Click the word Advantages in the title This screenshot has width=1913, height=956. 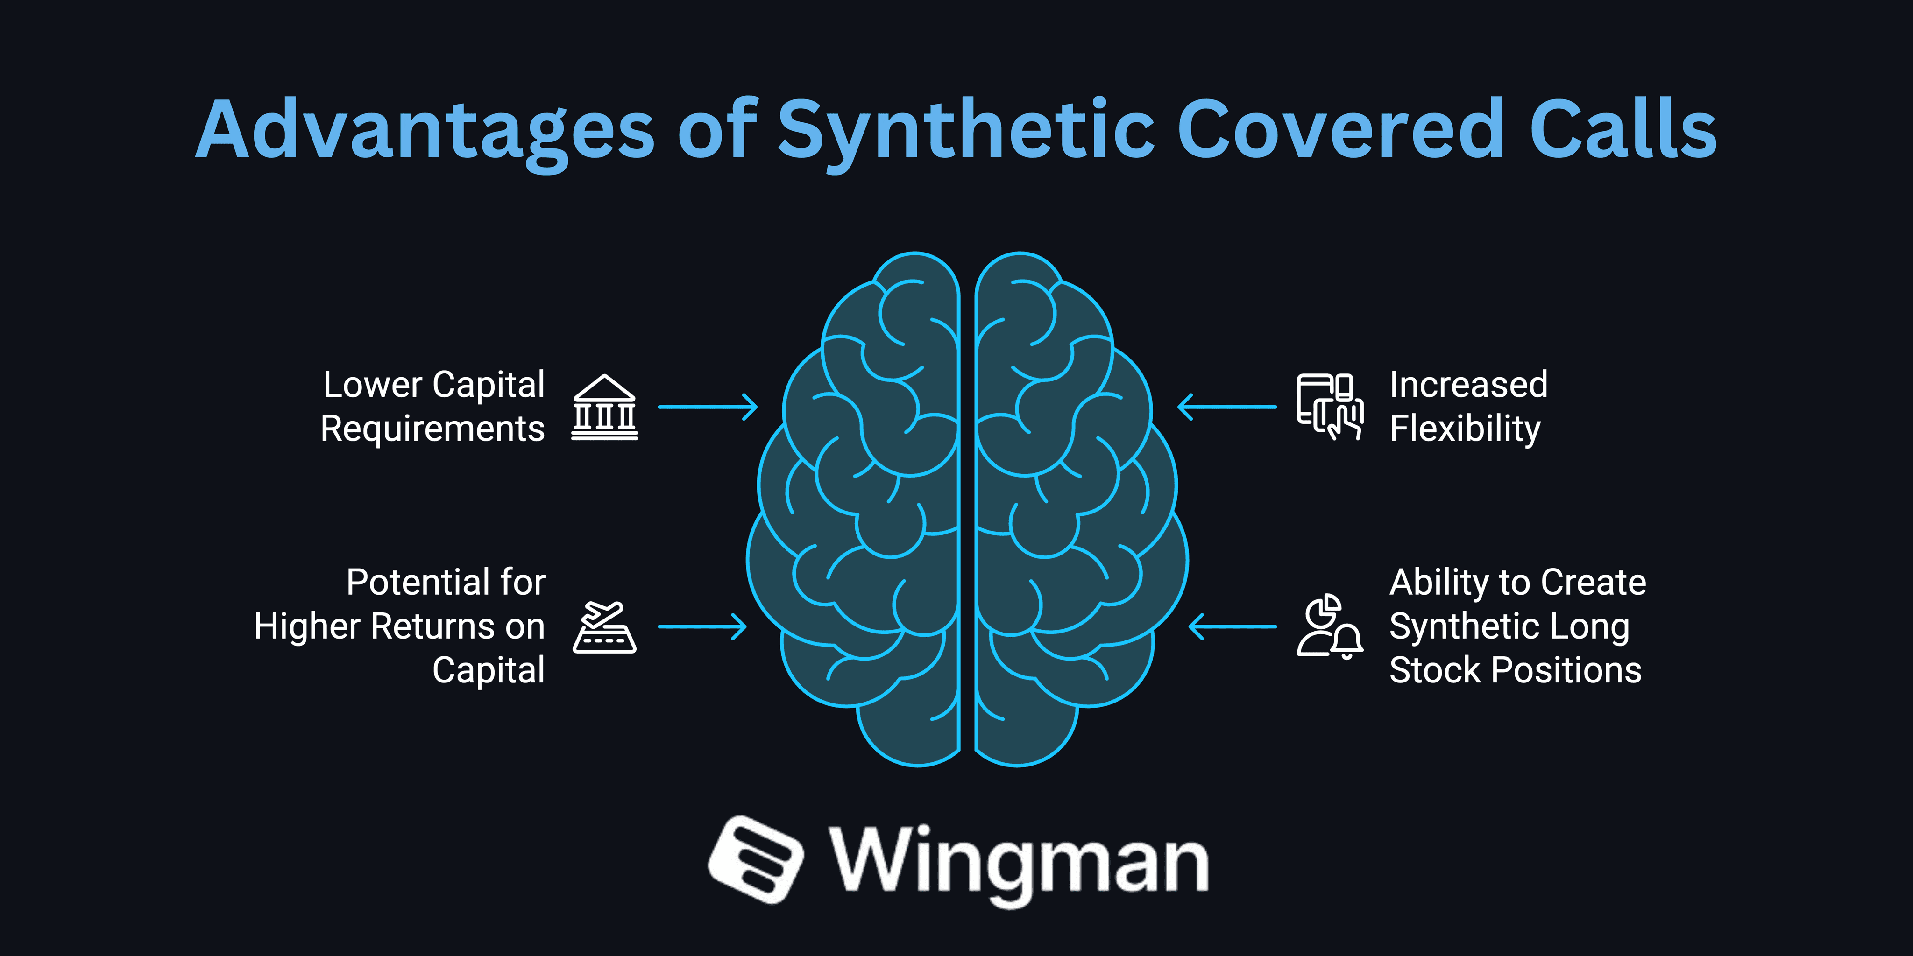click(425, 131)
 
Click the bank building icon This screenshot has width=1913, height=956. click(604, 408)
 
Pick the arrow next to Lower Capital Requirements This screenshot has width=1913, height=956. click(707, 407)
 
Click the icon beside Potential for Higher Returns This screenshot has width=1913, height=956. click(604, 628)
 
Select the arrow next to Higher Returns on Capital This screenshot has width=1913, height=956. click(702, 626)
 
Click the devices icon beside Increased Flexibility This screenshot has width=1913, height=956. click(1329, 407)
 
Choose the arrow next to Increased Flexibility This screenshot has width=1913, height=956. click(1227, 407)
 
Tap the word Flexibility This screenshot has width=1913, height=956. click(1465, 429)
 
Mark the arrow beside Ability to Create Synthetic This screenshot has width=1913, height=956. click(1233, 626)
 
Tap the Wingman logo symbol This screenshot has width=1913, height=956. click(755, 859)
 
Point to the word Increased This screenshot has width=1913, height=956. click(1468, 385)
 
